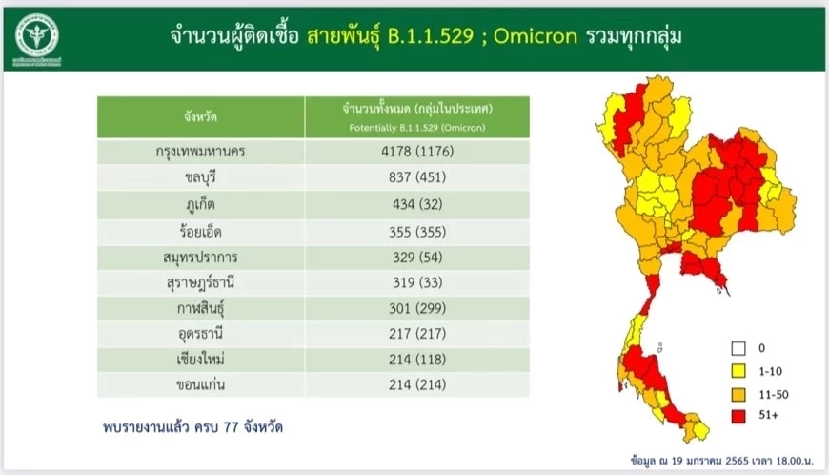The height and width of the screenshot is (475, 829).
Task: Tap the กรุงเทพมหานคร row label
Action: click(200, 152)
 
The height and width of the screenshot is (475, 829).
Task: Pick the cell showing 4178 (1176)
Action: click(417, 152)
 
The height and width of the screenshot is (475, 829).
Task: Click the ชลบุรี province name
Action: click(200, 177)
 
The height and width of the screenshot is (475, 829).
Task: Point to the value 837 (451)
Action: click(417, 177)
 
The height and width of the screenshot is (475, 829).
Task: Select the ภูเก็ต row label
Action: click(200, 203)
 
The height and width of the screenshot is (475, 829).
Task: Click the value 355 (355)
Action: click(417, 230)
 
